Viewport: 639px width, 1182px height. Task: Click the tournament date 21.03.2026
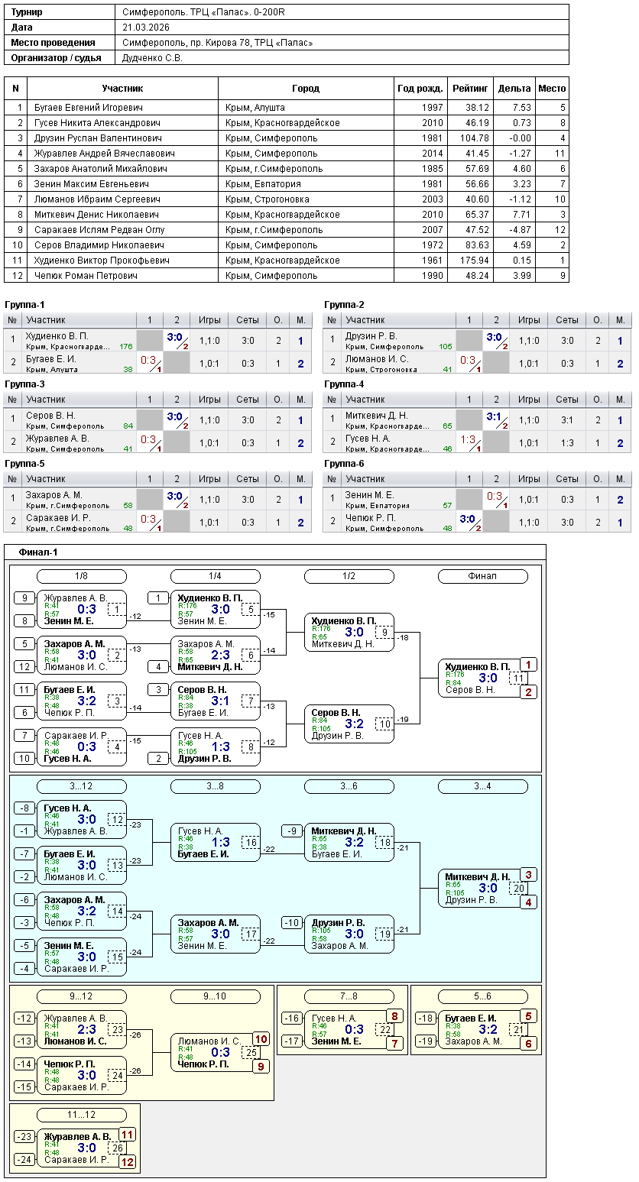pos(145,28)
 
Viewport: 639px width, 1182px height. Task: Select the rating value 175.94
pos(474,261)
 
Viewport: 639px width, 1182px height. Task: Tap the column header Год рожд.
pos(420,89)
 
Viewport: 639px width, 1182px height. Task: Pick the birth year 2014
pos(432,154)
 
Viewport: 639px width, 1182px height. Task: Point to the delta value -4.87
pos(517,230)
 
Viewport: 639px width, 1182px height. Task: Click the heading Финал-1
pos(38,552)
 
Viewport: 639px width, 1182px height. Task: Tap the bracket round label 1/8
pos(82,576)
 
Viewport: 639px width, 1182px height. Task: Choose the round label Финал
pos(482,576)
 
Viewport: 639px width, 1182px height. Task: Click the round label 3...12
pos(82,786)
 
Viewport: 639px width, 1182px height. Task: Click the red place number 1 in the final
pos(529,665)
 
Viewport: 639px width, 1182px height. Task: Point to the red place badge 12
pos(127,1162)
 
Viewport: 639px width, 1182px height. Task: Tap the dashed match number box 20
pos(519,888)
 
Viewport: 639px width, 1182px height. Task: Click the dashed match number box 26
pos(117,1148)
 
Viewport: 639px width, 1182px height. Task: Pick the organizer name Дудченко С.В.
pos(152,58)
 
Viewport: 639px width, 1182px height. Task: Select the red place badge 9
pos(261,1067)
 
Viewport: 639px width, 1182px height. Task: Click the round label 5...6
pos(482,996)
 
